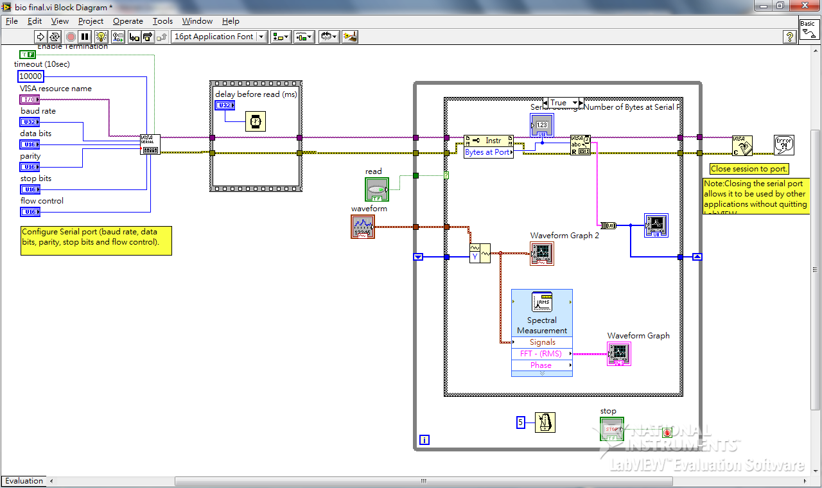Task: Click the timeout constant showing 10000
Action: (31, 76)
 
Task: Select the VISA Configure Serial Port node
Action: (150, 144)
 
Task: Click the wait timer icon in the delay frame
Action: (256, 121)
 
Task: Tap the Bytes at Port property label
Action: (488, 152)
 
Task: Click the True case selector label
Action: (561, 103)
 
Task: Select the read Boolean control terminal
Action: (377, 189)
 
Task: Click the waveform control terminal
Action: (363, 227)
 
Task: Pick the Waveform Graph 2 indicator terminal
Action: (542, 253)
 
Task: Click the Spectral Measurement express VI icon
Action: (542, 302)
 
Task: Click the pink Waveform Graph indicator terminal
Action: (619, 353)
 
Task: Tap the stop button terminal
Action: (611, 428)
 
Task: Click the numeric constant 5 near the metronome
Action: (521, 423)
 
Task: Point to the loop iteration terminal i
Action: (424, 440)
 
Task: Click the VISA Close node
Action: (742, 145)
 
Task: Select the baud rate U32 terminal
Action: (30, 122)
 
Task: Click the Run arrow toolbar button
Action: (40, 37)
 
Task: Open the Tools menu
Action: (162, 21)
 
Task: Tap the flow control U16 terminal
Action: (30, 212)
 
